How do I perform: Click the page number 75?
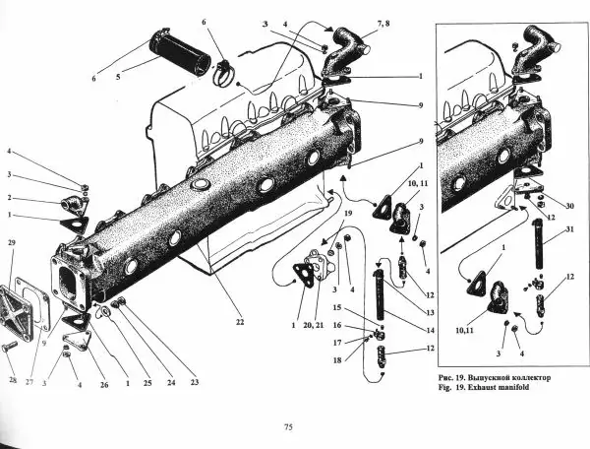tap(288, 427)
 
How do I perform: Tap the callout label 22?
tap(240, 322)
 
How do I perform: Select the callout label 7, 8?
tap(383, 24)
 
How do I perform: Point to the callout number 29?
tap(12, 242)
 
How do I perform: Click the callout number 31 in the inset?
tap(570, 229)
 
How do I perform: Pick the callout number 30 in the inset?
tap(569, 206)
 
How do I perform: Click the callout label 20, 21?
tap(314, 326)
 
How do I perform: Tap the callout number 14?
tap(430, 330)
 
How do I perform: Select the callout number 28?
tap(13, 380)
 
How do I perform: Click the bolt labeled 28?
tap(10, 346)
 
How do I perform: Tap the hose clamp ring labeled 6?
tap(223, 74)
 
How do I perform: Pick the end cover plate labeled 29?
tap(15, 312)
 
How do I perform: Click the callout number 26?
tap(104, 385)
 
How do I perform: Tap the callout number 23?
tap(194, 382)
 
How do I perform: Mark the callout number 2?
tap(10, 198)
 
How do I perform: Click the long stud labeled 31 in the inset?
tap(538, 244)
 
